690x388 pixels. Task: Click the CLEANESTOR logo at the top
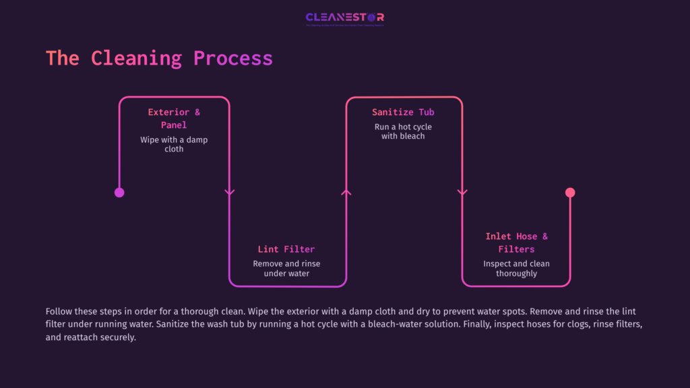pyautogui.click(x=344, y=18)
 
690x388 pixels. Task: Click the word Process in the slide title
pyautogui.click(x=233, y=58)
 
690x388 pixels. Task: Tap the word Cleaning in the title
pyautogui.click(x=136, y=58)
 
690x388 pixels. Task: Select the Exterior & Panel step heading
pyautogui.click(x=174, y=119)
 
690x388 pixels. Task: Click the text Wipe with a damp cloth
pyautogui.click(x=174, y=144)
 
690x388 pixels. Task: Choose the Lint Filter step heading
pyautogui.click(x=286, y=249)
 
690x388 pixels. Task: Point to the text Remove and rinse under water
pyautogui.click(x=286, y=269)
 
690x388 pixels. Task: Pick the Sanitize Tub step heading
pyautogui.click(x=403, y=112)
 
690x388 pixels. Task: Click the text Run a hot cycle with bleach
pyautogui.click(x=403, y=131)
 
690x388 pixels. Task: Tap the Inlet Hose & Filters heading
pyautogui.click(x=516, y=243)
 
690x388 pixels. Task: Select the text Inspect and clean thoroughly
pyautogui.click(x=516, y=269)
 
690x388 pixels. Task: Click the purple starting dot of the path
pyautogui.click(x=119, y=193)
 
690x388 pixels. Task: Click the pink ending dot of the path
pyautogui.click(x=570, y=193)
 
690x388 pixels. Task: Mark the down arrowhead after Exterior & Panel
pyautogui.click(x=229, y=193)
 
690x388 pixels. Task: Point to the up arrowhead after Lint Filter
pyautogui.click(x=346, y=193)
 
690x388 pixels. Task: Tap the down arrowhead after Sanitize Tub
pyautogui.click(x=462, y=193)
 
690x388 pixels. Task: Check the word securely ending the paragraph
pyautogui.click(x=118, y=337)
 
